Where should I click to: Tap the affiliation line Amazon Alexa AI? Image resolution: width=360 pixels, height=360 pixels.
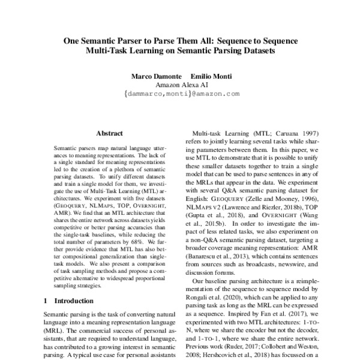coord(181,85)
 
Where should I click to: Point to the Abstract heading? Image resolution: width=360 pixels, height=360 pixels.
coord(109,133)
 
